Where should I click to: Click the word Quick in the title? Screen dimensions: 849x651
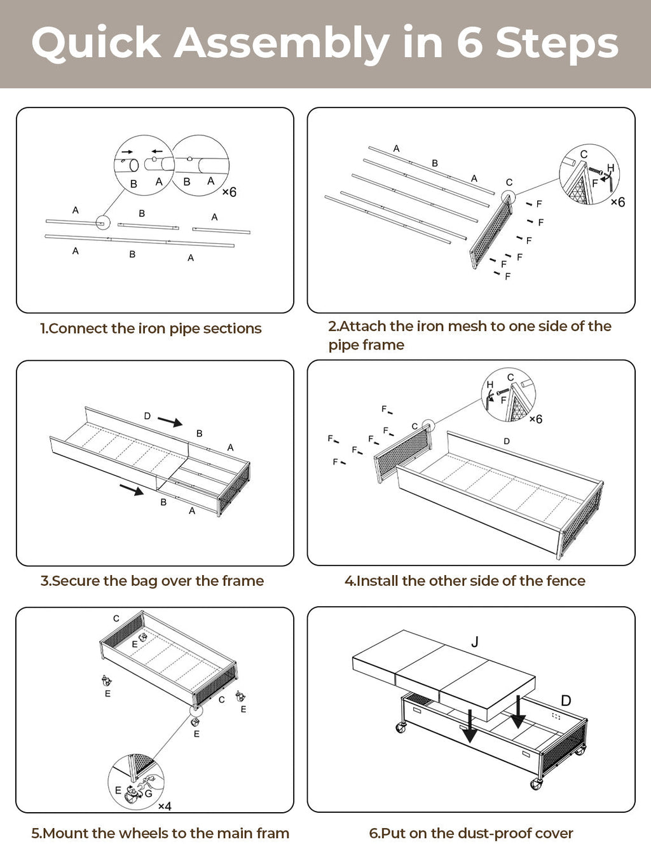[95, 43]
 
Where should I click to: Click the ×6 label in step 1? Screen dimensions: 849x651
[229, 192]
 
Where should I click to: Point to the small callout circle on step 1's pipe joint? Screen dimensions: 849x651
[102, 222]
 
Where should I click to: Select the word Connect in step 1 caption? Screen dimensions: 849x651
[78, 329]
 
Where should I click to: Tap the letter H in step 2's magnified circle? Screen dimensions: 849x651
[610, 168]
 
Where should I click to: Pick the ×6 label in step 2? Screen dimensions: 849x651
[617, 202]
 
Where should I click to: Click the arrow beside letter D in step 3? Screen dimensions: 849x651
[170, 421]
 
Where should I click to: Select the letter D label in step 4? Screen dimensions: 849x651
[507, 441]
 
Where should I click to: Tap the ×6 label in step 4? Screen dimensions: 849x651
[535, 419]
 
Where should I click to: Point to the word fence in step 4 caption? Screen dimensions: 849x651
[565, 581]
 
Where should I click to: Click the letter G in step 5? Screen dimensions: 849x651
[148, 793]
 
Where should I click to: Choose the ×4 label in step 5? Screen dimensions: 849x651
[165, 806]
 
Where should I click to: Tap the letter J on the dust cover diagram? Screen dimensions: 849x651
[475, 642]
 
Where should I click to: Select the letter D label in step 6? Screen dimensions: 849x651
[566, 700]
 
